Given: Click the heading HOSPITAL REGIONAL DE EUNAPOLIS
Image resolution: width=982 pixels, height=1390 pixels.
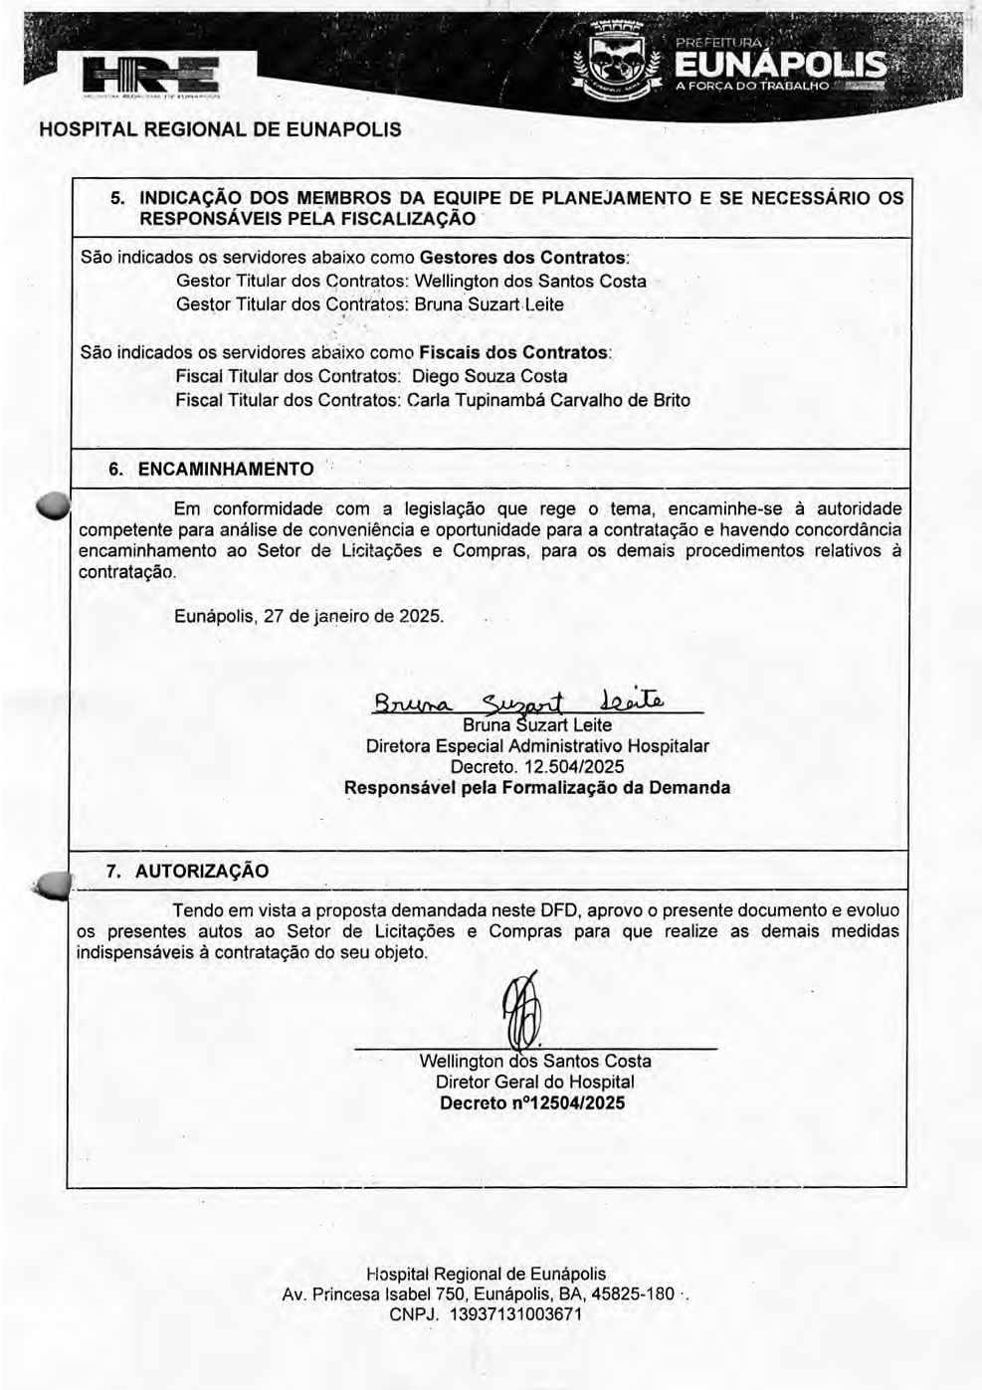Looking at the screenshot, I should (x=220, y=130).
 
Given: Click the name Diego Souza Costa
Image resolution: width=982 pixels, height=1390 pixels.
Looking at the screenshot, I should (x=490, y=377).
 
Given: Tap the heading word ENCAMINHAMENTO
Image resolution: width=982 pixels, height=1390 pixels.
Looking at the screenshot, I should (x=225, y=469).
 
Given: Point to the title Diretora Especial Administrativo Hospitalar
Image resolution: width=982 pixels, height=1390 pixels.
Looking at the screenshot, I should (x=537, y=746).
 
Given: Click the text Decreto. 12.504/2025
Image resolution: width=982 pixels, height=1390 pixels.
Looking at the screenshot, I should (x=537, y=767).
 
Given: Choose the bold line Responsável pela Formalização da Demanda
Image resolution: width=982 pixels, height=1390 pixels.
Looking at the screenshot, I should (x=537, y=788).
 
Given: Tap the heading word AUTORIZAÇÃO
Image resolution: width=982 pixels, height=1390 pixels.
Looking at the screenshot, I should (x=202, y=872).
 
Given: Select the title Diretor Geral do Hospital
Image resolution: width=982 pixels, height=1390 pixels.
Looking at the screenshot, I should (x=534, y=1083).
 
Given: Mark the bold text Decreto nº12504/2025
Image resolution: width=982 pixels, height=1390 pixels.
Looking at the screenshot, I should (x=532, y=1103).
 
